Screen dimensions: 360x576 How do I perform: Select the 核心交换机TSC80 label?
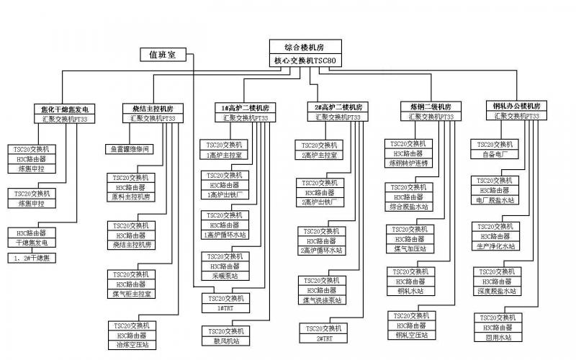click(x=305, y=61)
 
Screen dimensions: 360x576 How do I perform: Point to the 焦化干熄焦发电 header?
click(x=65, y=109)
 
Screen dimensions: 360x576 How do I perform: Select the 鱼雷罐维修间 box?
click(x=130, y=149)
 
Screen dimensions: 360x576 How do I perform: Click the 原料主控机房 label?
click(x=131, y=196)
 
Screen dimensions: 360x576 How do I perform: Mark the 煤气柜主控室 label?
click(x=131, y=293)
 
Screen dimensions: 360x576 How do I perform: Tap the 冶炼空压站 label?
click(x=131, y=345)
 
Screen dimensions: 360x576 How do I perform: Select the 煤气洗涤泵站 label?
click(x=322, y=300)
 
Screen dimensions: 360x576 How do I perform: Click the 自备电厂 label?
click(x=496, y=154)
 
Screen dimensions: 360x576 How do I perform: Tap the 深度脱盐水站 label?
click(x=496, y=291)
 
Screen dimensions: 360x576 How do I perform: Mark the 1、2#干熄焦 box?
click(x=32, y=258)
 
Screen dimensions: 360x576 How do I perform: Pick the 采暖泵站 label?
click(x=225, y=275)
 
